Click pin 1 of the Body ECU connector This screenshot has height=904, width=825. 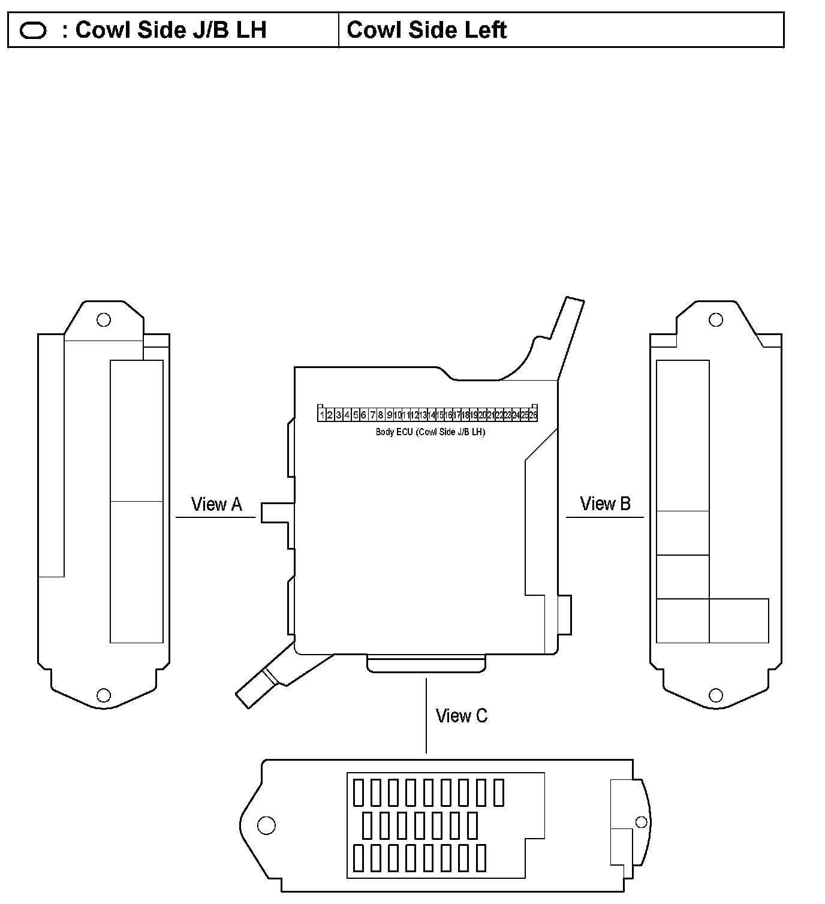coord(322,415)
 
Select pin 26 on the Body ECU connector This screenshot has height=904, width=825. coord(533,415)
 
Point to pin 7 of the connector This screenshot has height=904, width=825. coord(372,415)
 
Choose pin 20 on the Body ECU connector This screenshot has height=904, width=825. coord(482,415)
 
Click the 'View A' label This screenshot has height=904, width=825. coord(216,505)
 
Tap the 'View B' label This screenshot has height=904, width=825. coord(605,504)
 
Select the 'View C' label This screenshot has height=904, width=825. coord(462,716)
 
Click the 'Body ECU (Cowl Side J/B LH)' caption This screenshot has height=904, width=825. coord(430,432)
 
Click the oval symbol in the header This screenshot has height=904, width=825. coord(33,31)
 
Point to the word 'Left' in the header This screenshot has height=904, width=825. coord(484,30)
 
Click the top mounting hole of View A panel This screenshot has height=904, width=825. coord(104,320)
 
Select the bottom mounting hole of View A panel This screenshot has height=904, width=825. coord(104,695)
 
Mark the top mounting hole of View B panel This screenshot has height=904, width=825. coord(716,320)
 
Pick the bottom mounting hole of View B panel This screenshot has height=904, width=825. coord(716,695)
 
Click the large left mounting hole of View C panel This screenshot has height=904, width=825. coord(266,825)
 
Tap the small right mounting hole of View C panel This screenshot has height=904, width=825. coord(641,822)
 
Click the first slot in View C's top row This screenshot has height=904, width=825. coord(359,792)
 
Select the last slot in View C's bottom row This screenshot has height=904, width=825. coord(481,858)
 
